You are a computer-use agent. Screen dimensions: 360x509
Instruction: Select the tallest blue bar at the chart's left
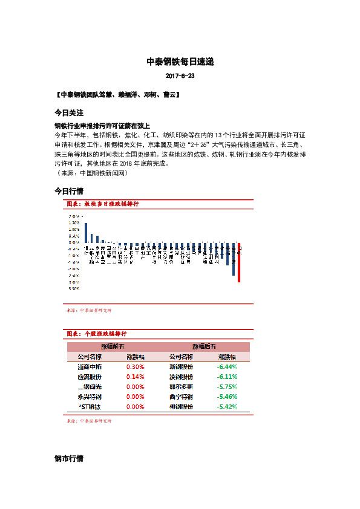[x=85, y=233]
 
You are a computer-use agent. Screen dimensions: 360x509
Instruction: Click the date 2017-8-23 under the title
[x=180, y=76]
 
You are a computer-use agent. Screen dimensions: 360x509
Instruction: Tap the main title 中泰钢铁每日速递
[x=180, y=62]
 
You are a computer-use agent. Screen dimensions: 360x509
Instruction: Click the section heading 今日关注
[x=68, y=113]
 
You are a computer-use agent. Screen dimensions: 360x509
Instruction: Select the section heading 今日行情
[x=68, y=190]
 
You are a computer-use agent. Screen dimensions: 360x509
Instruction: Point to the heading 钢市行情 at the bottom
[x=68, y=459]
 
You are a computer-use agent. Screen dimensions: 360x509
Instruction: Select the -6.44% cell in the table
[x=227, y=367]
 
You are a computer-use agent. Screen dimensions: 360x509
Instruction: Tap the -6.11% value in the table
[x=227, y=377]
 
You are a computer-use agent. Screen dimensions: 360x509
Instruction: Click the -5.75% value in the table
[x=227, y=387]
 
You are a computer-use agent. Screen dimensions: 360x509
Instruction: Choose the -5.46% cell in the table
[x=227, y=397]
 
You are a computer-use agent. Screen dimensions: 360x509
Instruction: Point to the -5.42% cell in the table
[x=227, y=407]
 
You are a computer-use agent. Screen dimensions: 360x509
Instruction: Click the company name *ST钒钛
[x=90, y=407]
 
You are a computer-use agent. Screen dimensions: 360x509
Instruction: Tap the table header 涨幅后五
[x=204, y=347]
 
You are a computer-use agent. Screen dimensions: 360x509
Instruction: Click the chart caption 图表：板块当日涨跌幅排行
[x=102, y=204]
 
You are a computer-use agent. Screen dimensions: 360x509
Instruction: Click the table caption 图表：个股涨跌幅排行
[x=96, y=334]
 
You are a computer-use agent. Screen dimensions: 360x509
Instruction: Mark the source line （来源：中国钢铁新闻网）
[x=91, y=173]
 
